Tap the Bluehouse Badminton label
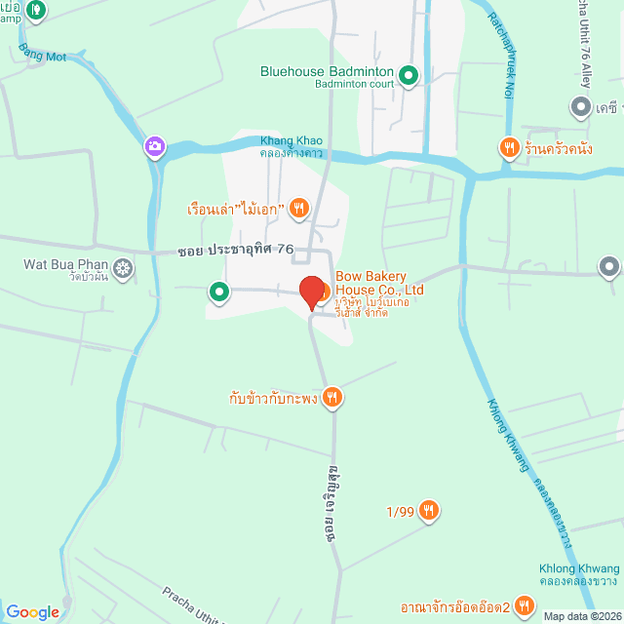point(327,72)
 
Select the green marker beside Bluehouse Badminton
point(409,74)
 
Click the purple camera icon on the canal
point(154,147)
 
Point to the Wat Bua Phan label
point(65,263)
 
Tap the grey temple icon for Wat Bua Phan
point(123,267)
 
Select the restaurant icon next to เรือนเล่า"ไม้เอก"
point(299,207)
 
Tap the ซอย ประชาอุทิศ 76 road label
point(236,250)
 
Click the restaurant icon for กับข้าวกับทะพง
point(333,396)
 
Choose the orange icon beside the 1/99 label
point(429,510)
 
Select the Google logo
point(32,612)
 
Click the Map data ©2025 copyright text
point(581,616)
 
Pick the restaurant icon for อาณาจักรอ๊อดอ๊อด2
point(525,606)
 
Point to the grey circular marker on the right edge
point(609,265)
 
